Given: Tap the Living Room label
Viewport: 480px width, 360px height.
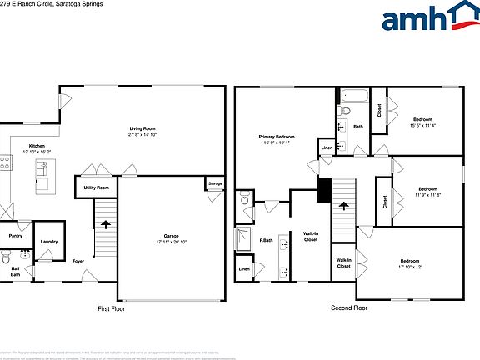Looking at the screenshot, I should pos(142,129).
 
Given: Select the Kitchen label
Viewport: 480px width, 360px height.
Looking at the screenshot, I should pos(37,146).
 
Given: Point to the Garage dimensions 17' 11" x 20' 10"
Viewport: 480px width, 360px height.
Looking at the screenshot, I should pos(172,241).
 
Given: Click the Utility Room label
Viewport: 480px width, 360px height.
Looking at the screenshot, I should pos(96,187).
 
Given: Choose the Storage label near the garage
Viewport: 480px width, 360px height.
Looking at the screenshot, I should pos(215,183).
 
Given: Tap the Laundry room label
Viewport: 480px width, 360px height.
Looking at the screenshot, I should pos(48,241).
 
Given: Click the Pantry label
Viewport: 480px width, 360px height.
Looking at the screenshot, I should pos(15,235).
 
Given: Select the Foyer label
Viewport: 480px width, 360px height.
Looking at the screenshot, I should pos(77,261).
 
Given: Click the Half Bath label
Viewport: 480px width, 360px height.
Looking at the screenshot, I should pos(15,271).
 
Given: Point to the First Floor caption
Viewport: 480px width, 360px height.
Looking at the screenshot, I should pos(111,307).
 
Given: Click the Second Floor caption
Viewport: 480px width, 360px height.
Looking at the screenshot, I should pos(349,307).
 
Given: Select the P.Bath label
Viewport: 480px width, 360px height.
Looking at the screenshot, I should pos(267,241).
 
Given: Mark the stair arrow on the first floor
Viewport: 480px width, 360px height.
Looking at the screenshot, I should pos(105,224).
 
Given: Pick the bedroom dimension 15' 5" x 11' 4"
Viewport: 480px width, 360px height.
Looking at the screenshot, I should pos(422,126).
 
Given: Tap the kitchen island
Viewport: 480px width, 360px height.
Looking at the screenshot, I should pos(42,174).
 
